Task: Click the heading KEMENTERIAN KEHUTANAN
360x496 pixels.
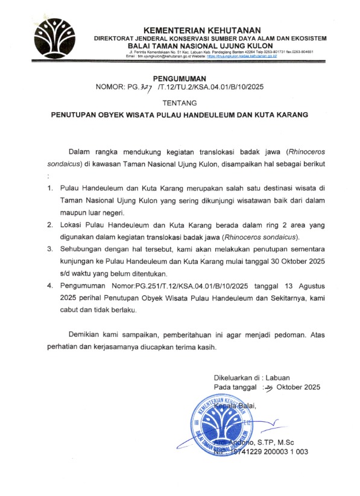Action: tap(201, 30)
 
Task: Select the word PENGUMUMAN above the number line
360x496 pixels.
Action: tap(180, 78)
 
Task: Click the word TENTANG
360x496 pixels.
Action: tap(180, 102)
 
